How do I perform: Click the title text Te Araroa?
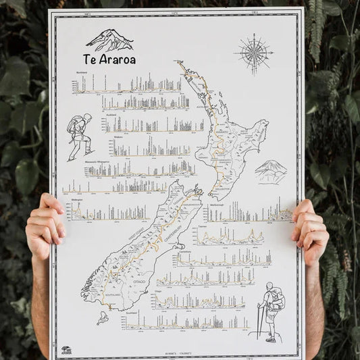(109, 59)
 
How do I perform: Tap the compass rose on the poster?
(254, 53)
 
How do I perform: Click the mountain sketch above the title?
(110, 40)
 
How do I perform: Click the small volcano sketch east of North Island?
(271, 171)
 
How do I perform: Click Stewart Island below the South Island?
(102, 317)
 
